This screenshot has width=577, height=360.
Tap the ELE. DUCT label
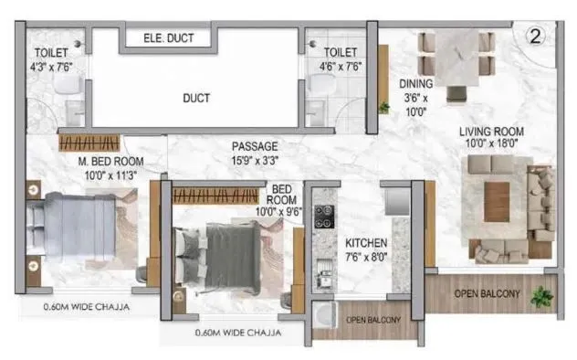(x=167, y=38)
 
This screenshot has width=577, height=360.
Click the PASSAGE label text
(x=255, y=146)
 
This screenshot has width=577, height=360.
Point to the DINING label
(x=416, y=84)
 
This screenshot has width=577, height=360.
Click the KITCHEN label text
(x=366, y=243)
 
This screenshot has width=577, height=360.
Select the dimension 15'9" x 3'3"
(x=255, y=159)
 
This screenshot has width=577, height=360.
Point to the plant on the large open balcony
(x=541, y=296)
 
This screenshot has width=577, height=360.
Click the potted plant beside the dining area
(x=384, y=107)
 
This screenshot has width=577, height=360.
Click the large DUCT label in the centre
(x=196, y=98)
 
